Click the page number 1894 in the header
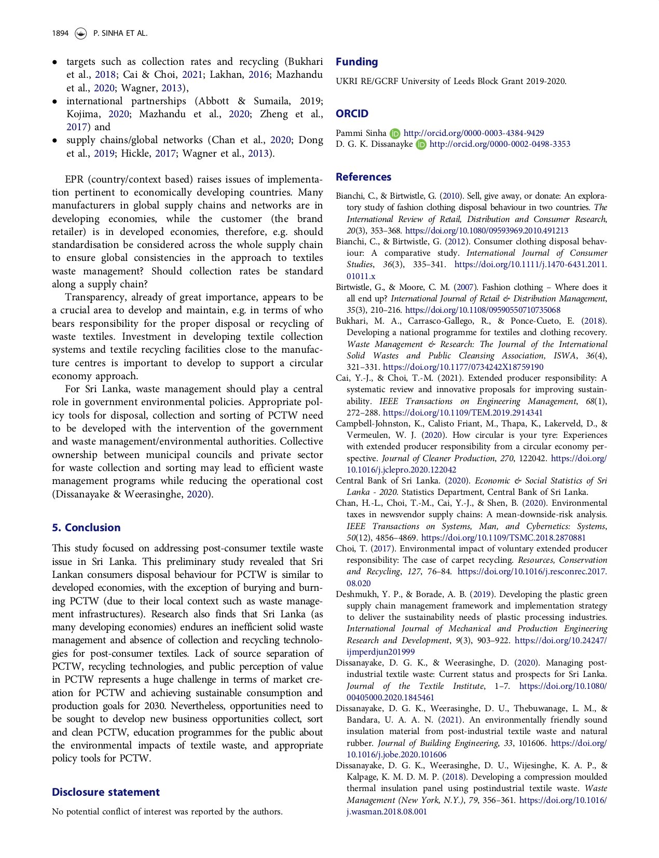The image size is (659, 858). [60, 33]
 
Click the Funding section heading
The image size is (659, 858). [356, 62]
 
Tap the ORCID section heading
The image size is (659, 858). [352, 114]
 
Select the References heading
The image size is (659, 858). [363, 177]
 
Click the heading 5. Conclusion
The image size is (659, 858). [86, 528]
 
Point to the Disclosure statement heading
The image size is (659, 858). [105, 792]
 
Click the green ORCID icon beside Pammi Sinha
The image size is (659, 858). [395, 133]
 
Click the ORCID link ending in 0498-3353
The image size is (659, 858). [500, 144]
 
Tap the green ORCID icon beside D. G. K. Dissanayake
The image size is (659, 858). [421, 144]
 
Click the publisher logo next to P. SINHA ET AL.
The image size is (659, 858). [80, 33]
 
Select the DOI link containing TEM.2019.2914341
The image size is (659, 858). [463, 413]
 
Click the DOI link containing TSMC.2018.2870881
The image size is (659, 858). [503, 538]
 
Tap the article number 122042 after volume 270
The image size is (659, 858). [533, 459]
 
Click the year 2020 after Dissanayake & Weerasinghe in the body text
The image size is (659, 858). [197, 494]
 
